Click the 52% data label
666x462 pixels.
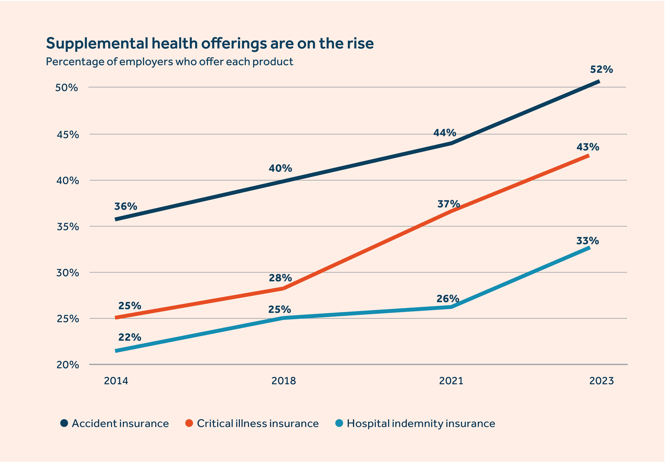(x=601, y=69)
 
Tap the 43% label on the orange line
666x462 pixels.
(x=588, y=147)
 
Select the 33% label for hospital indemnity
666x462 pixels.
(x=588, y=241)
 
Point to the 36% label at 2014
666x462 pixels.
(x=126, y=206)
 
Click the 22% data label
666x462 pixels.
(x=129, y=337)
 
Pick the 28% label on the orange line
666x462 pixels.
(x=280, y=278)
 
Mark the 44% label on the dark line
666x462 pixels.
(x=444, y=133)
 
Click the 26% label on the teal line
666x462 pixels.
(x=447, y=299)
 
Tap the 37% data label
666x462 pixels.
(x=448, y=204)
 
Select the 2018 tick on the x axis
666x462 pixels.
(x=283, y=381)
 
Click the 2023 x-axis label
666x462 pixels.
(x=601, y=381)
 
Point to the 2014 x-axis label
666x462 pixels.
(x=116, y=381)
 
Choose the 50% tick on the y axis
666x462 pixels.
(x=67, y=88)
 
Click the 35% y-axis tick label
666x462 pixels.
(x=67, y=227)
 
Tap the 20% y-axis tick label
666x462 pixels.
(x=67, y=365)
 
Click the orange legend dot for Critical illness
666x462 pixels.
(x=189, y=423)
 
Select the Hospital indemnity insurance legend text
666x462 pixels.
(x=421, y=423)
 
